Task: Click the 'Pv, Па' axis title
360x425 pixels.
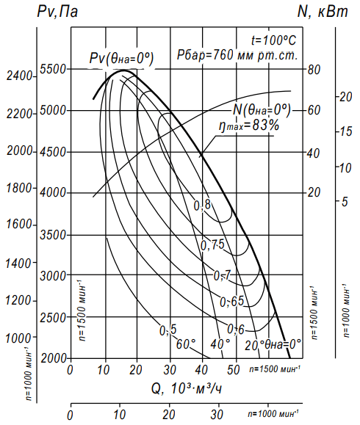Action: pyautogui.click(x=57, y=12)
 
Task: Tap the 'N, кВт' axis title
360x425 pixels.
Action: pyautogui.click(x=323, y=12)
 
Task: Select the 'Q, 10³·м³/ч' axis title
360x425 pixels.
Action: pyautogui.click(x=187, y=389)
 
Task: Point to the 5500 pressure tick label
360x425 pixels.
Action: pyautogui.click(x=53, y=69)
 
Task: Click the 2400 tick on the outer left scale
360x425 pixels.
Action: pyautogui.click(x=19, y=76)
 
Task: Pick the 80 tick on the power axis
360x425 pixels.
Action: pyautogui.click(x=314, y=70)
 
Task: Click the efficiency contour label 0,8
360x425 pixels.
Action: pyautogui.click(x=202, y=206)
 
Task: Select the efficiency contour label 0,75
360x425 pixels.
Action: pyautogui.click(x=212, y=245)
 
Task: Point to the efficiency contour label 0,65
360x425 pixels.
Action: pyautogui.click(x=232, y=302)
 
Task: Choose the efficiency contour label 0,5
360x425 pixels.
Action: pyautogui.click(x=168, y=330)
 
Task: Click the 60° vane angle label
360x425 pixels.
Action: pyautogui.click(x=186, y=344)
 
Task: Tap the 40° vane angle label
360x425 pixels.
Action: pyautogui.click(x=220, y=344)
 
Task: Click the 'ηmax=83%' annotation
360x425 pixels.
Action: pyautogui.click(x=249, y=126)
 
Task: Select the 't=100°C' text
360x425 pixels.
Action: pyautogui.click(x=273, y=40)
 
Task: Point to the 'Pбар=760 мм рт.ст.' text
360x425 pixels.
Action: pyautogui.click(x=237, y=55)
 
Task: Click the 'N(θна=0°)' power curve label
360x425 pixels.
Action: pyautogui.click(x=262, y=109)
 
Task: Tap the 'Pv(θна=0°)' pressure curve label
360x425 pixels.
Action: pyautogui.click(x=121, y=58)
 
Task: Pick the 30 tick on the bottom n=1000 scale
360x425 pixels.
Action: pyautogui.click(x=217, y=415)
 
